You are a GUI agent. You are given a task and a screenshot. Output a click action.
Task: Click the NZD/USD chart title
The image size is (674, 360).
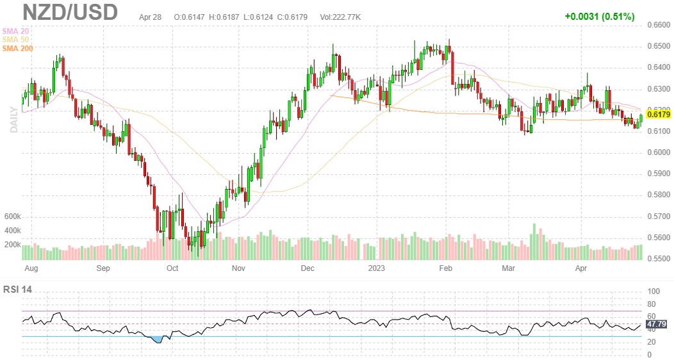click(x=70, y=13)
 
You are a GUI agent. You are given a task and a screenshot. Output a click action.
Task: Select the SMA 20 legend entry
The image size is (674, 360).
click(x=16, y=30)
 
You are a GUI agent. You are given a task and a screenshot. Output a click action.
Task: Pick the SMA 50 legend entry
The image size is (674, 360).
click(x=16, y=39)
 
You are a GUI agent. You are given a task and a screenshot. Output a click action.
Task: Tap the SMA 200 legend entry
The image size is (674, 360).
click(x=18, y=48)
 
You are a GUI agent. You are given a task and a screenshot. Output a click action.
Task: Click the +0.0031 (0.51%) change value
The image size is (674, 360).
click(x=600, y=16)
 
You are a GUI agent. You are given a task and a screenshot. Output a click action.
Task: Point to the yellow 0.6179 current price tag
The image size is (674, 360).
click(x=659, y=115)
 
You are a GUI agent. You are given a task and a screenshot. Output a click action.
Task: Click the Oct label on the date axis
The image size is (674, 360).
click(x=172, y=268)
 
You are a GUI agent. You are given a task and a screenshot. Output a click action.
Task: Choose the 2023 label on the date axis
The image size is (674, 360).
click(x=375, y=268)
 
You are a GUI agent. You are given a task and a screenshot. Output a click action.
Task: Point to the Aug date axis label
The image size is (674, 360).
click(x=29, y=268)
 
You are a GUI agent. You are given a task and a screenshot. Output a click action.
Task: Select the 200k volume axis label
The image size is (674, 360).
click(x=13, y=245)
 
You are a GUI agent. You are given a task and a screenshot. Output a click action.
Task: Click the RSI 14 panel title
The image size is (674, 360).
click(x=17, y=290)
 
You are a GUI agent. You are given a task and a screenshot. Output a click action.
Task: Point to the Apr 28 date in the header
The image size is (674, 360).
click(x=150, y=16)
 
